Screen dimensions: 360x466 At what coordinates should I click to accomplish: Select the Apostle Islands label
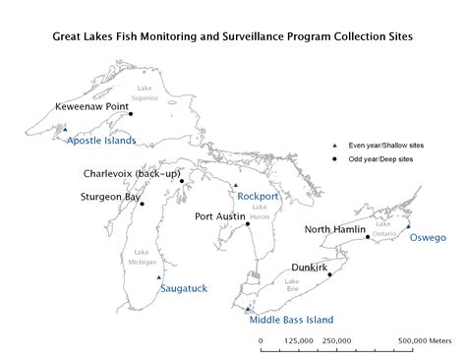pos(101,141)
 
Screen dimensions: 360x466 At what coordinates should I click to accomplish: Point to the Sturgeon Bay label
pos(110,197)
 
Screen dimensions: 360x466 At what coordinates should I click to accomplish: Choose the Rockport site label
pos(258,196)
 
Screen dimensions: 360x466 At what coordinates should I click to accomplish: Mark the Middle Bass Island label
pos(291,320)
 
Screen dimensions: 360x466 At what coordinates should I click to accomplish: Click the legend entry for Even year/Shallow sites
pos(375,145)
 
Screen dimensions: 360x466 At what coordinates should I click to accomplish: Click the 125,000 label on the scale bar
pos(299,340)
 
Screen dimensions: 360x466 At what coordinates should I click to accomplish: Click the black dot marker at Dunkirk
pos(329,274)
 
